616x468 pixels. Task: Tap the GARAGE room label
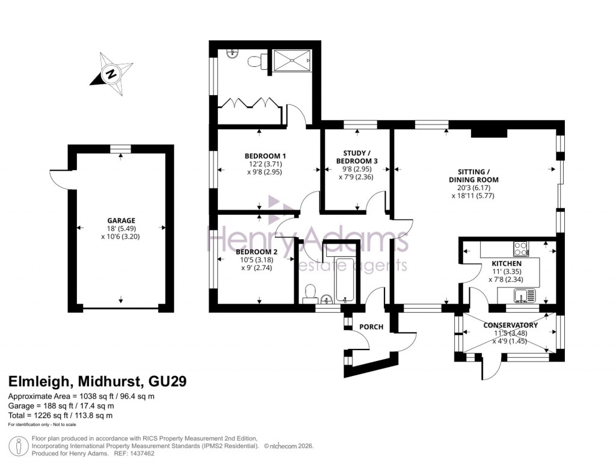121,220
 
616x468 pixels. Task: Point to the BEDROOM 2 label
256,251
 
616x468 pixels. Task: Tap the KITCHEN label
507,263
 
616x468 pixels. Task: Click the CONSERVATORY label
510,325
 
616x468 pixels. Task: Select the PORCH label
371,327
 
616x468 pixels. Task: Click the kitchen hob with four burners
520,248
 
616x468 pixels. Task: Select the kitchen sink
523,295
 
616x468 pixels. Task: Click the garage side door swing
58,178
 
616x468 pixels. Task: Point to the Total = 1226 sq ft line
60,415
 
